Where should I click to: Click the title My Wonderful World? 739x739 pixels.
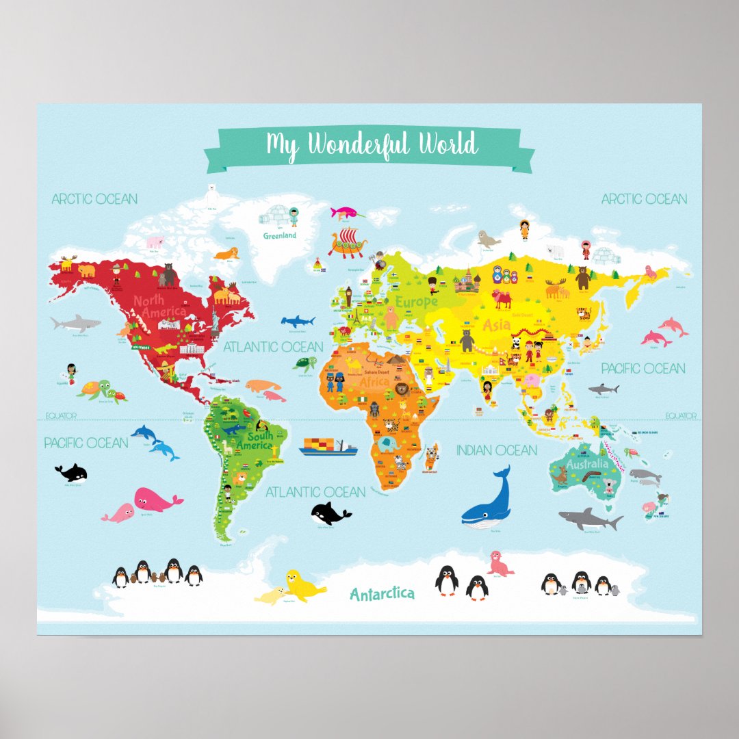372,145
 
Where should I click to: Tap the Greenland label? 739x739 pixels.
280,235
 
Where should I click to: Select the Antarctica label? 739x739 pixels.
382,593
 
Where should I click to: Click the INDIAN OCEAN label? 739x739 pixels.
496,450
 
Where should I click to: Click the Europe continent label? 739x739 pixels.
416,301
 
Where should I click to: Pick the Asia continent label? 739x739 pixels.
497,324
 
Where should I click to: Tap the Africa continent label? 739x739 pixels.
374,381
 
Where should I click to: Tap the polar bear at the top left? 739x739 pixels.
212,194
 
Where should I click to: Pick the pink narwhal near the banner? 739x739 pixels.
346,212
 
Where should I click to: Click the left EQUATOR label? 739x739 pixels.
61,415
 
